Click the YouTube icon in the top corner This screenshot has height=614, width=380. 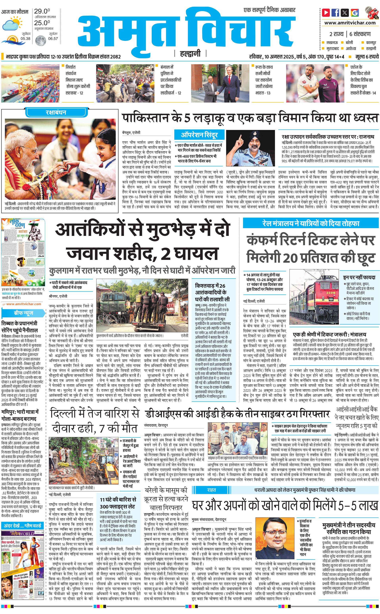coord(326,12)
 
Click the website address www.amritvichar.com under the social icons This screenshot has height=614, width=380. coord(350,23)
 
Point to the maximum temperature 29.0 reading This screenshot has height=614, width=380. coord(42,11)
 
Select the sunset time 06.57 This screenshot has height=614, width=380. coord(53,39)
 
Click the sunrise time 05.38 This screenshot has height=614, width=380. coord(25,39)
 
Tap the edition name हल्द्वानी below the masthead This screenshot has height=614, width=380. coord(190,54)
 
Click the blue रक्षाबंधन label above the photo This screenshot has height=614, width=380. coord(56,112)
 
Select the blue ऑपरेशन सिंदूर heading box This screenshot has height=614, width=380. coord(199,135)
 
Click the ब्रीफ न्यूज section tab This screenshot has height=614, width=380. coord(23,313)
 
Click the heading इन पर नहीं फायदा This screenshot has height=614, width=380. coord(359,277)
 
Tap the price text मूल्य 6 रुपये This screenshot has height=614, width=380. coord(367,57)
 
